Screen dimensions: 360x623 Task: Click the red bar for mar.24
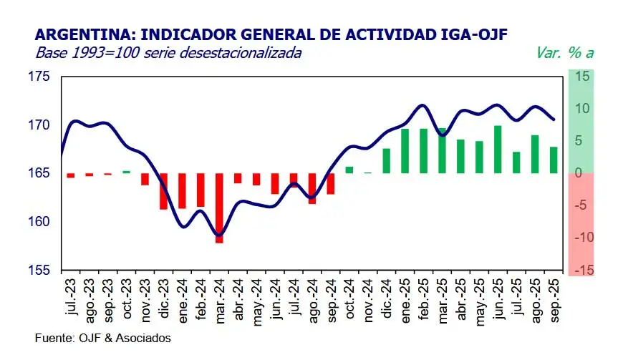coord(219,208)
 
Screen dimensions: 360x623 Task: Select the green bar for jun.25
coord(497,150)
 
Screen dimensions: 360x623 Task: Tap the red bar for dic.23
coord(163,191)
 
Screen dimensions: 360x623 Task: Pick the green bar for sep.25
coord(553,160)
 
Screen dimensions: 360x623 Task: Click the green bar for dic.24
coord(387,160)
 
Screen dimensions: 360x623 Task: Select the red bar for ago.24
coord(312,188)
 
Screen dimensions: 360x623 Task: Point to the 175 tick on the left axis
coord(40,77)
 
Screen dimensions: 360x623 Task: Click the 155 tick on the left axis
coord(40,271)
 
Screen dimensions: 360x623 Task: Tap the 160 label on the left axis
coord(40,222)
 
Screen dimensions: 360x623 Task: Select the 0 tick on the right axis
coord(580,173)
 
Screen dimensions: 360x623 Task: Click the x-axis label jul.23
coord(71,299)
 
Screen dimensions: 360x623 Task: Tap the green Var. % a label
coord(564,52)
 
